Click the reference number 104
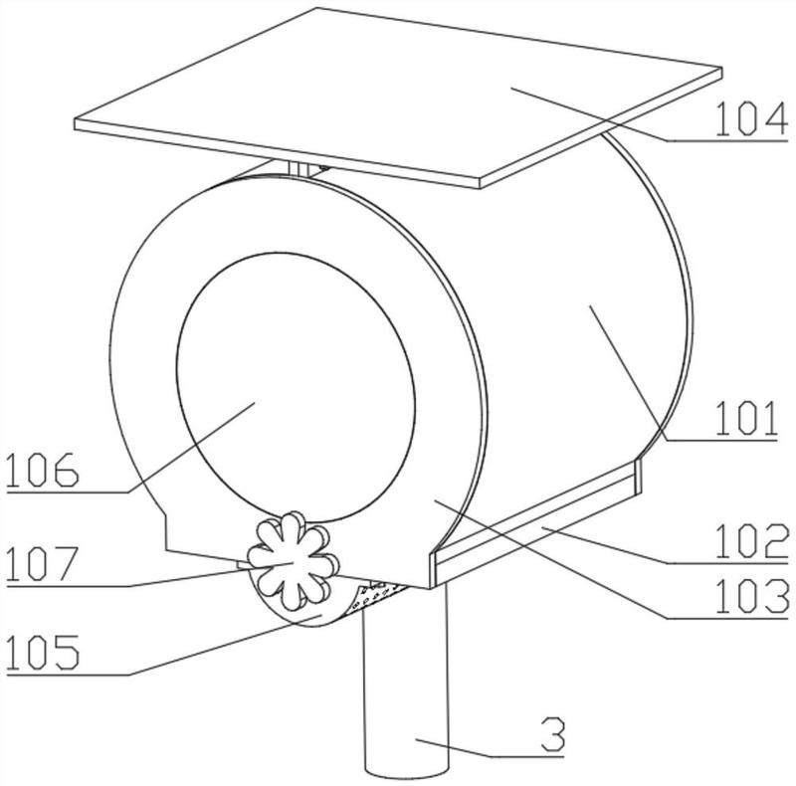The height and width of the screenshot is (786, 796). (x=751, y=119)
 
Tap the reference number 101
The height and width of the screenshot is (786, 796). (x=746, y=419)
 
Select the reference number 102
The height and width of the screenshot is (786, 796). (x=752, y=541)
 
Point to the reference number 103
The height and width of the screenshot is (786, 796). (x=752, y=597)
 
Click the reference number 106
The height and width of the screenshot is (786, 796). (x=43, y=470)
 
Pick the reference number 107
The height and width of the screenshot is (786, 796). (x=42, y=563)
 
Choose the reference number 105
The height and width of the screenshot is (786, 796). (x=43, y=652)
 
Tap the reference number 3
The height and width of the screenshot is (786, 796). (x=553, y=734)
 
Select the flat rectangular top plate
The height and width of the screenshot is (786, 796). (x=399, y=98)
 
